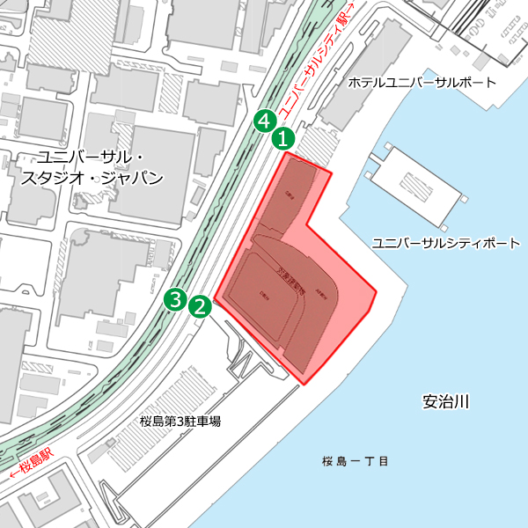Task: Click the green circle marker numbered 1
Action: click(283, 137)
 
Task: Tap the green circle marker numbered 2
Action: click(200, 306)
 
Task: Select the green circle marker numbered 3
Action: click(176, 299)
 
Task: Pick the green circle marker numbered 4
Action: click(262, 121)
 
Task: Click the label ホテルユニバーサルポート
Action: click(422, 83)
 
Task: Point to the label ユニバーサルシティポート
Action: click(445, 242)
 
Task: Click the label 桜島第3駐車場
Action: click(180, 422)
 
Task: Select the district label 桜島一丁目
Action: click(356, 461)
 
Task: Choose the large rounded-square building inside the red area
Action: click(268, 295)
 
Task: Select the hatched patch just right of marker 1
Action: click(315, 141)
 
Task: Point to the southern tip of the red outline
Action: click(308, 384)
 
